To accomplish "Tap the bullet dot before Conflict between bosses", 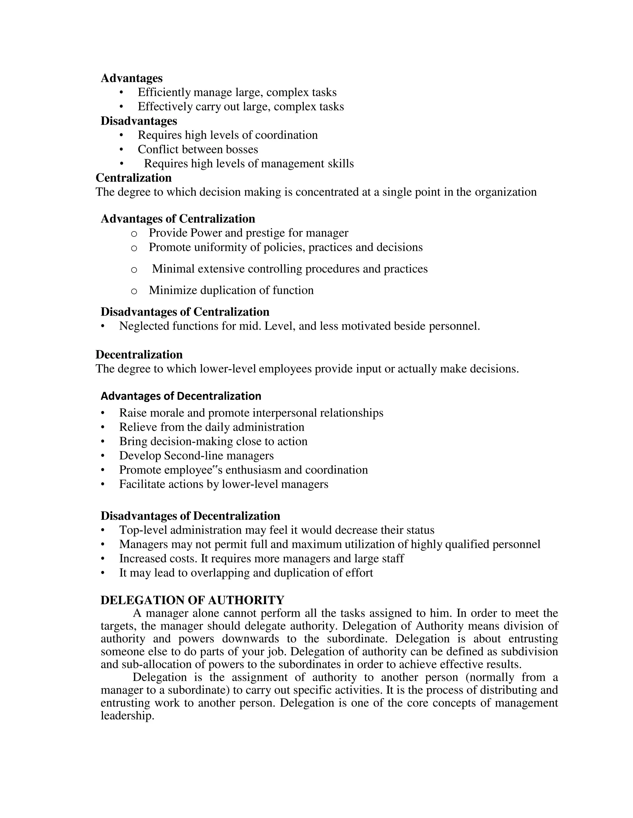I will (x=121, y=149).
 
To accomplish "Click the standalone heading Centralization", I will (x=134, y=177).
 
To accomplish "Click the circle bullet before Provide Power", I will (x=134, y=234).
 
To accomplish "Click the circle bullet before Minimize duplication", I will (x=134, y=291).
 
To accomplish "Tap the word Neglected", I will (x=144, y=326).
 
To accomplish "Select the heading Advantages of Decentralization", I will (x=181, y=396).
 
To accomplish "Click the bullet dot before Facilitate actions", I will (x=103, y=484).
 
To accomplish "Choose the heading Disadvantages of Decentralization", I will (x=190, y=516).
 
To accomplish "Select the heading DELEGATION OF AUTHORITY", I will (x=192, y=600).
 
